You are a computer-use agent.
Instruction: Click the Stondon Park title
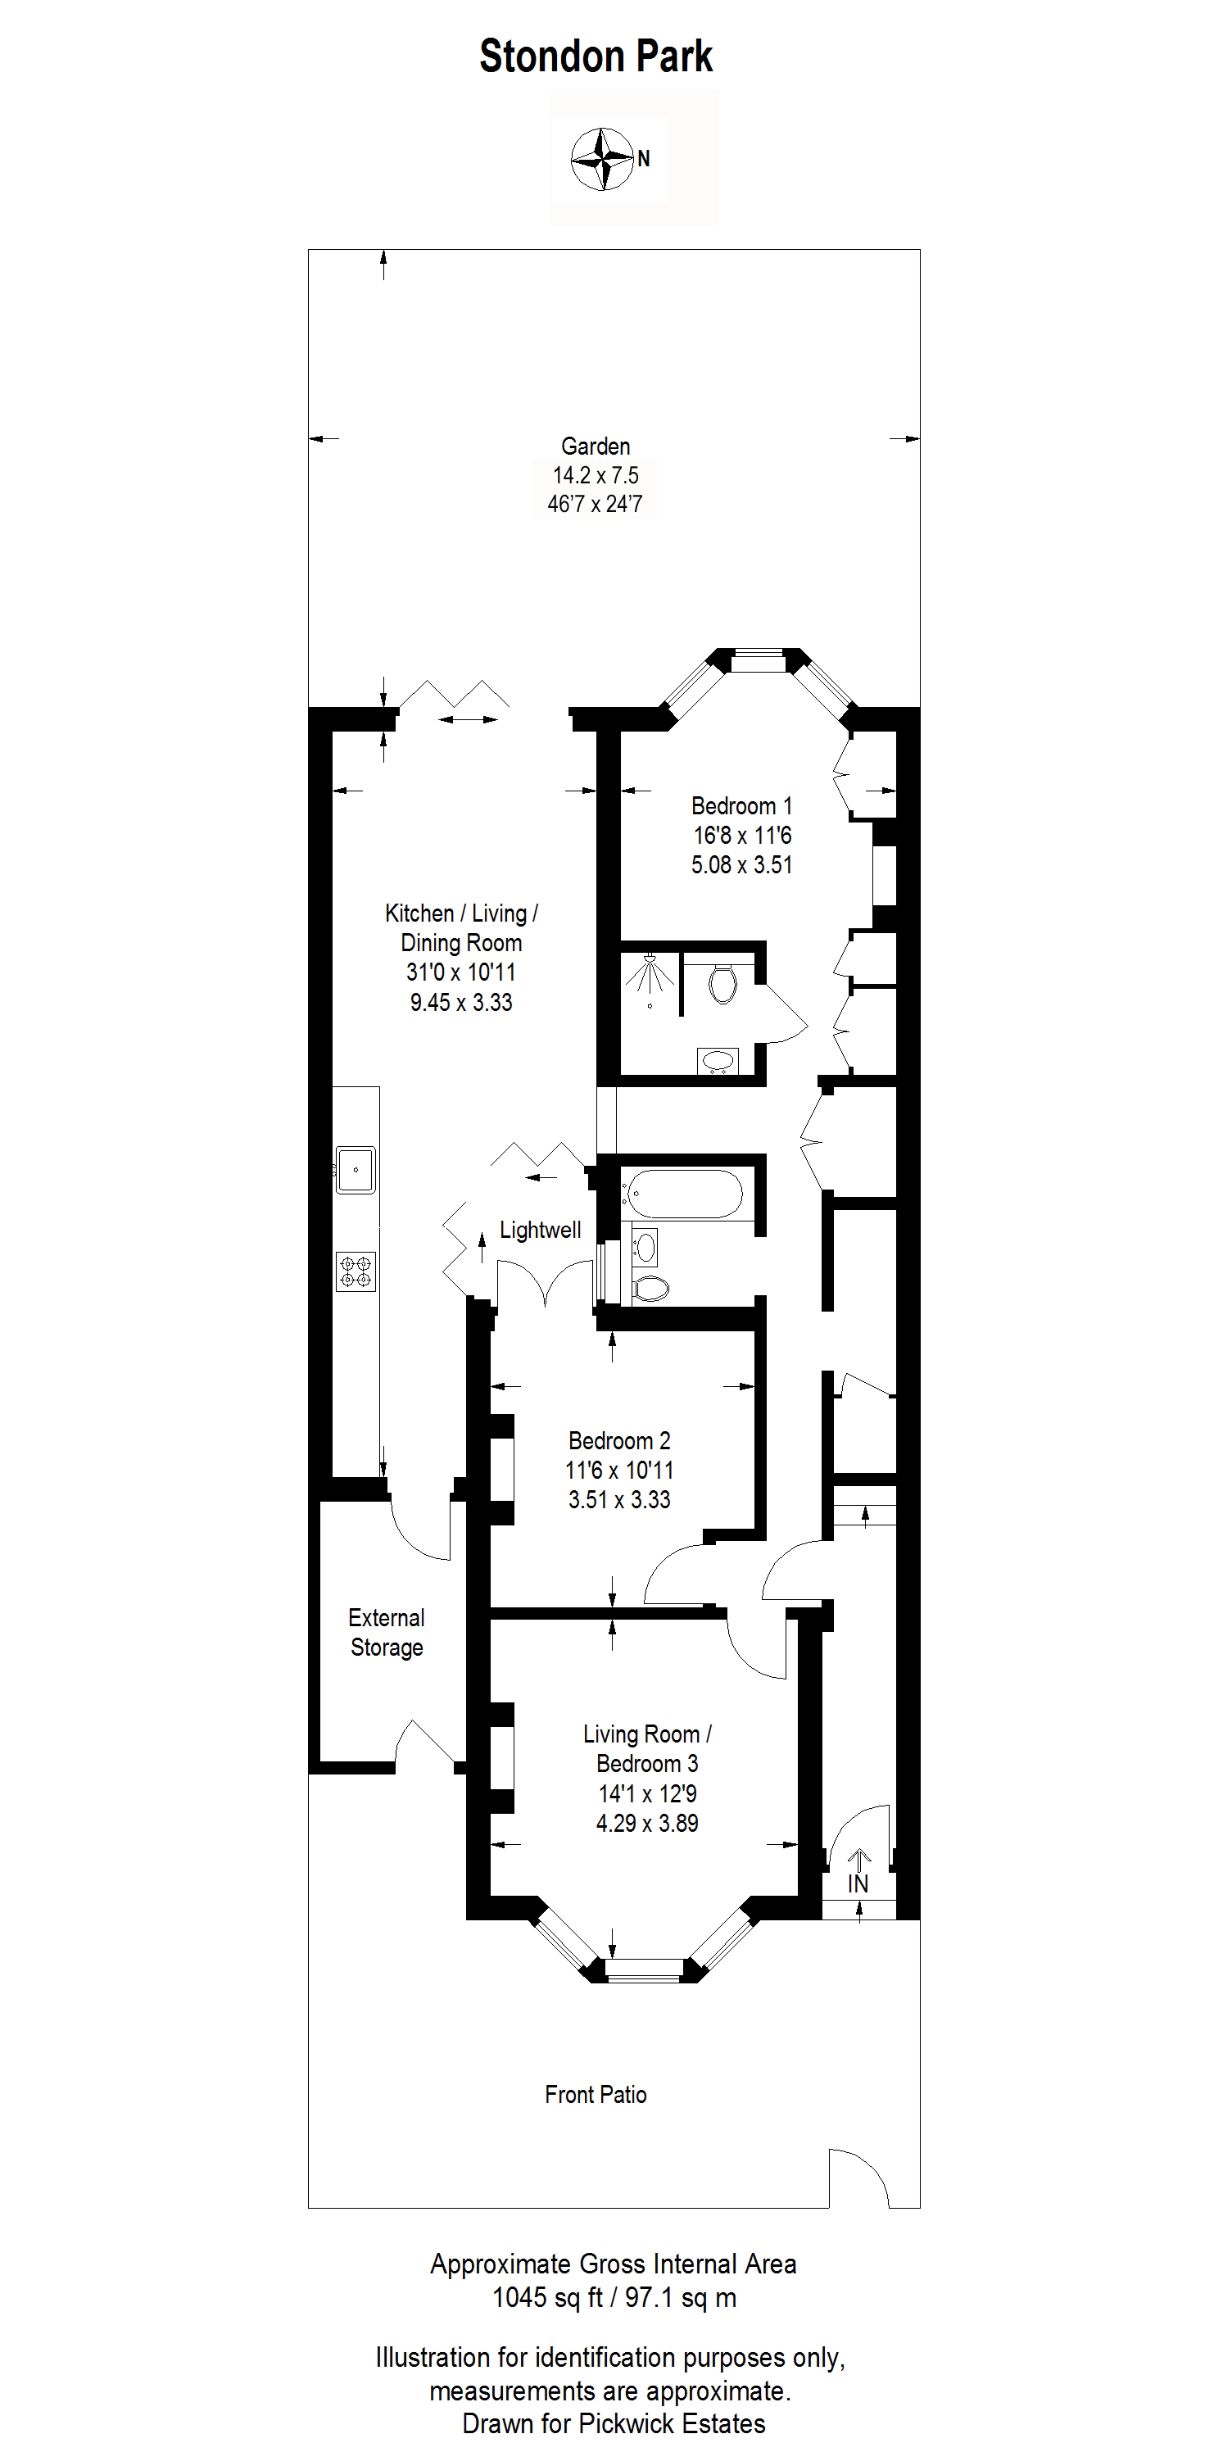coord(596,57)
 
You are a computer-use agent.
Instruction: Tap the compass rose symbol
coord(602,158)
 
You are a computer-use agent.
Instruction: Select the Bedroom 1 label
coord(741,805)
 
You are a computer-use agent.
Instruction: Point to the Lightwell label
coord(540,1230)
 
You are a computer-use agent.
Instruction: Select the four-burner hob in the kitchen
coord(356,1271)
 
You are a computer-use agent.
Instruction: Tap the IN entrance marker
coord(858,1883)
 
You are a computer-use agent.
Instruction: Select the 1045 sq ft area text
coord(548,2298)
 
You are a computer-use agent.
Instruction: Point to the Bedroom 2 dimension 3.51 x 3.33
coord(620,1499)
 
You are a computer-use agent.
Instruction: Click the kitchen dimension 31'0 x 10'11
coord(461,972)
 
